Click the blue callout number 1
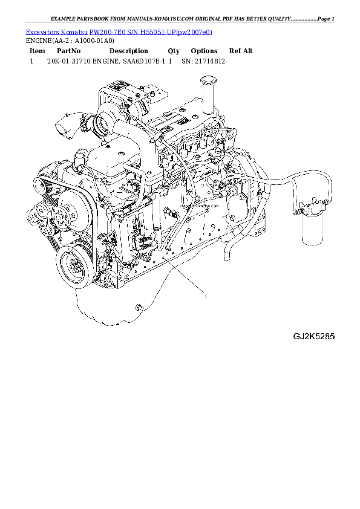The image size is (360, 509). coord(206,297)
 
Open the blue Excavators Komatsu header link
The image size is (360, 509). coord(118,31)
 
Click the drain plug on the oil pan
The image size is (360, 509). coord(138,308)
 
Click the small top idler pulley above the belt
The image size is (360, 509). coord(41,179)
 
